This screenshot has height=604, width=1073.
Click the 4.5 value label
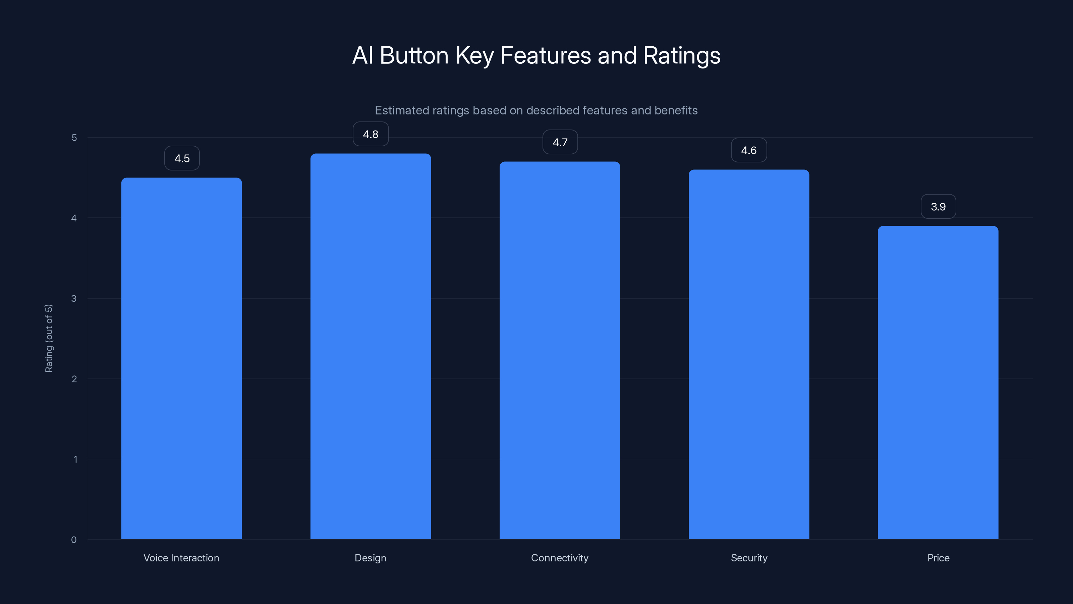182,158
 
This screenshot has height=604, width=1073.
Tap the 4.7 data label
560,143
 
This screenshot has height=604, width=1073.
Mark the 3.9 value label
938,207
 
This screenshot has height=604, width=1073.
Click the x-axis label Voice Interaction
181,558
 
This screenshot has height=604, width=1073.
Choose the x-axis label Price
938,558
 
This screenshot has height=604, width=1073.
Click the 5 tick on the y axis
74,138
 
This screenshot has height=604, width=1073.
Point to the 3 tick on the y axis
74,298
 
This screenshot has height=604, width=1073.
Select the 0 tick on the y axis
74,540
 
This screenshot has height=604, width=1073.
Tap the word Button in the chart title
414,55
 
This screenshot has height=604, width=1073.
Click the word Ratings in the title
681,55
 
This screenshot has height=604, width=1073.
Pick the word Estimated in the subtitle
402,110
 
